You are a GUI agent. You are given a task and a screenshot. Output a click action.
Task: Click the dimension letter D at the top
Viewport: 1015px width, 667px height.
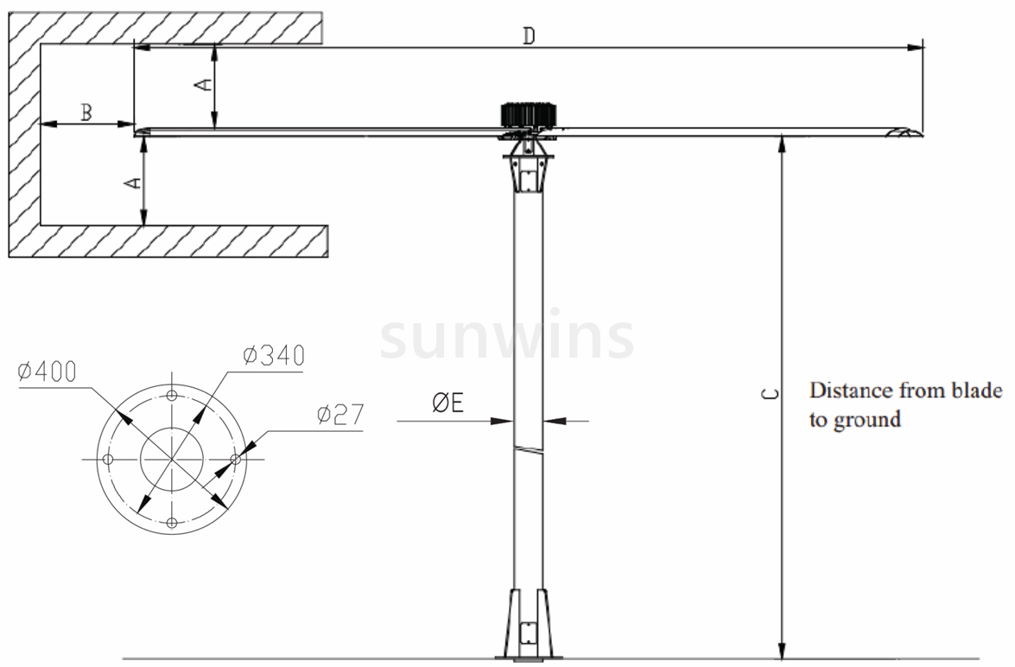(x=529, y=36)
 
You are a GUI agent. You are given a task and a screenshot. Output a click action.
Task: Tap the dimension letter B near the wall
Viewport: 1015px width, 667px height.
(x=86, y=112)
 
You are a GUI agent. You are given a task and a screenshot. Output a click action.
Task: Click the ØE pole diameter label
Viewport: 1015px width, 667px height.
(x=448, y=403)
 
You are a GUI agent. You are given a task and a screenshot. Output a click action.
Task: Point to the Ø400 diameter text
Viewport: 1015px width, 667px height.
(x=48, y=372)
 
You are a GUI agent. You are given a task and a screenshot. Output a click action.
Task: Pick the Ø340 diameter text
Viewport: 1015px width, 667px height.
(x=274, y=355)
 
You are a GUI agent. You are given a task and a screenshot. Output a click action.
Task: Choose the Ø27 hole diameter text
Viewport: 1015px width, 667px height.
(x=340, y=415)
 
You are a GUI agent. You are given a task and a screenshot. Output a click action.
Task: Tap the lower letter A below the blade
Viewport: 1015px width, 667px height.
(x=131, y=183)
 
